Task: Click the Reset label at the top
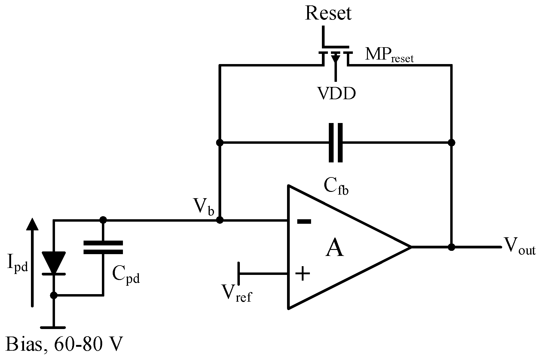coord(328,14)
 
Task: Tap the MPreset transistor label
coord(389,55)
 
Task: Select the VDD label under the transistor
coord(336,94)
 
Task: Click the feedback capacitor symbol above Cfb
coord(336,143)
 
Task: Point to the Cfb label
coord(336,187)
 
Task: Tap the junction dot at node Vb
coord(220,220)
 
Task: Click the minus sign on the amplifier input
coord(304,222)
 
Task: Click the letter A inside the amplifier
coord(335,248)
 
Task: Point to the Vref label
coord(236,293)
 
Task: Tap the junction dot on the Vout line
coord(451,247)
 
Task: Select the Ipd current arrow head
coord(32,224)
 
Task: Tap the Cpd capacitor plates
coord(103,247)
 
